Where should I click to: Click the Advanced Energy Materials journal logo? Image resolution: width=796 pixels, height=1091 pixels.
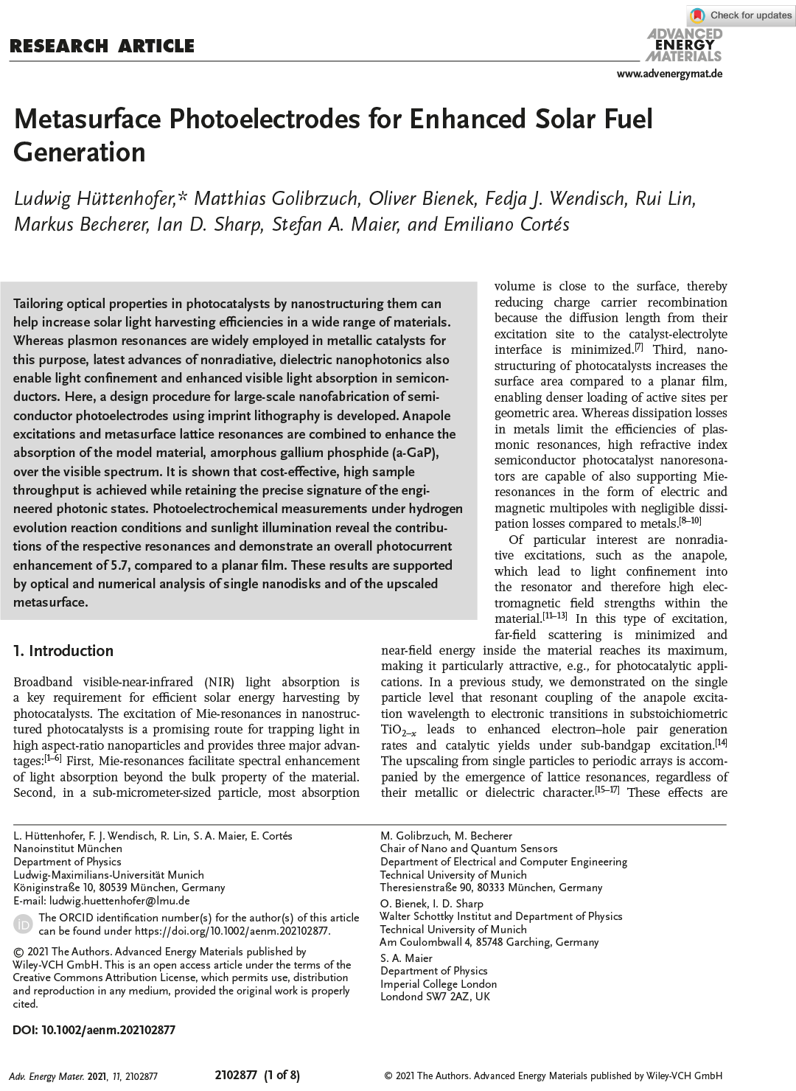point(683,45)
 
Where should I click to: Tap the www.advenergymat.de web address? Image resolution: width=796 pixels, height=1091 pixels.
point(668,74)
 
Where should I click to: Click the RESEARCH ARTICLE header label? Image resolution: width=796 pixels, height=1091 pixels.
point(102,46)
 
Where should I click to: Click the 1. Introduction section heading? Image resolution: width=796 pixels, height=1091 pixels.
point(63,650)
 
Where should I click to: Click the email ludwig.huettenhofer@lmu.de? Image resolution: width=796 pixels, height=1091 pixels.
point(119,900)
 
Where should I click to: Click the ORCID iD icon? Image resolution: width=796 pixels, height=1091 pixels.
point(24,924)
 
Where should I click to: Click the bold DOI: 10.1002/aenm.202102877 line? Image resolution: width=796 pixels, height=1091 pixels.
point(94,1030)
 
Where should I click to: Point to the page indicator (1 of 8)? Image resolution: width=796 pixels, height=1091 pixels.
point(282,1075)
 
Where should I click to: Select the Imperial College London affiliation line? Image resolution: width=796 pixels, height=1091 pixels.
point(439,983)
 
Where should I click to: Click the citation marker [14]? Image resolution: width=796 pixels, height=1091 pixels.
point(721,743)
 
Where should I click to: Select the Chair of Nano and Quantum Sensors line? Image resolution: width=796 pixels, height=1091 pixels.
point(469,848)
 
